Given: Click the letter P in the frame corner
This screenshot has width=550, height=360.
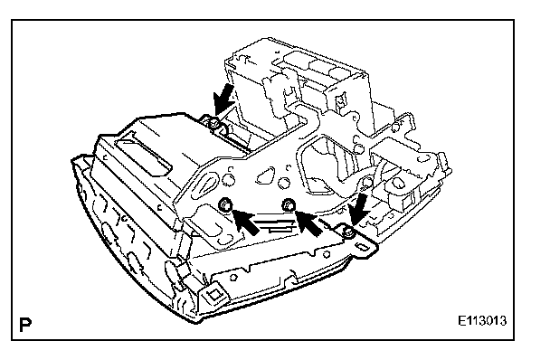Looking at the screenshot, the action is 25,325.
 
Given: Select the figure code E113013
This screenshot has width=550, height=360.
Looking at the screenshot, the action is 482,321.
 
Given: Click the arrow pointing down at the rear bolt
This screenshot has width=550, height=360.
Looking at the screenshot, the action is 223,99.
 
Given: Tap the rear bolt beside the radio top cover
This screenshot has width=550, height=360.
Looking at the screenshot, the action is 214,123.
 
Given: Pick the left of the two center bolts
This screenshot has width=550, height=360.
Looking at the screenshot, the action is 225,204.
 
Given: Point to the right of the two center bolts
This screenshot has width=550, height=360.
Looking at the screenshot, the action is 289,204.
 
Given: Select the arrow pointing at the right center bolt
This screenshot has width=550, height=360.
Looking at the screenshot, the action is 308,222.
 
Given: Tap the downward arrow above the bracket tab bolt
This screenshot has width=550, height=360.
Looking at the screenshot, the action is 358,210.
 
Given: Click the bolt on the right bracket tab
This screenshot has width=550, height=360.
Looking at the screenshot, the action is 347,232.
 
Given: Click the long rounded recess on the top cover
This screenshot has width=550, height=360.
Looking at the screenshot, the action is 144,154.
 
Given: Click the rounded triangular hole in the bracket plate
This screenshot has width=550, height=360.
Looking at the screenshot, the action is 266,175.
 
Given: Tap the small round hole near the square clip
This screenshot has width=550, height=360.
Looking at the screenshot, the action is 232,277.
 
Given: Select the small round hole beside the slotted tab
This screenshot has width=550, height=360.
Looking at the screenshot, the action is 327,254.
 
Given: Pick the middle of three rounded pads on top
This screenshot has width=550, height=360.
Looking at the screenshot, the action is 318,66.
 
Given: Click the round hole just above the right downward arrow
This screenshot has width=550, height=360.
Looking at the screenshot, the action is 366,183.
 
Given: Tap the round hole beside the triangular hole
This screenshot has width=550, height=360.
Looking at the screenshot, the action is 283,183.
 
